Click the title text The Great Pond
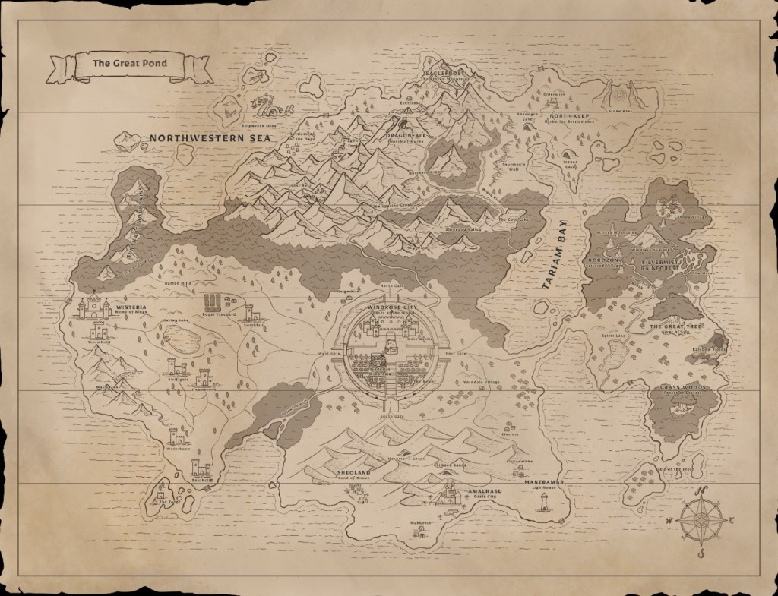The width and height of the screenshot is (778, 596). click(129, 65)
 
